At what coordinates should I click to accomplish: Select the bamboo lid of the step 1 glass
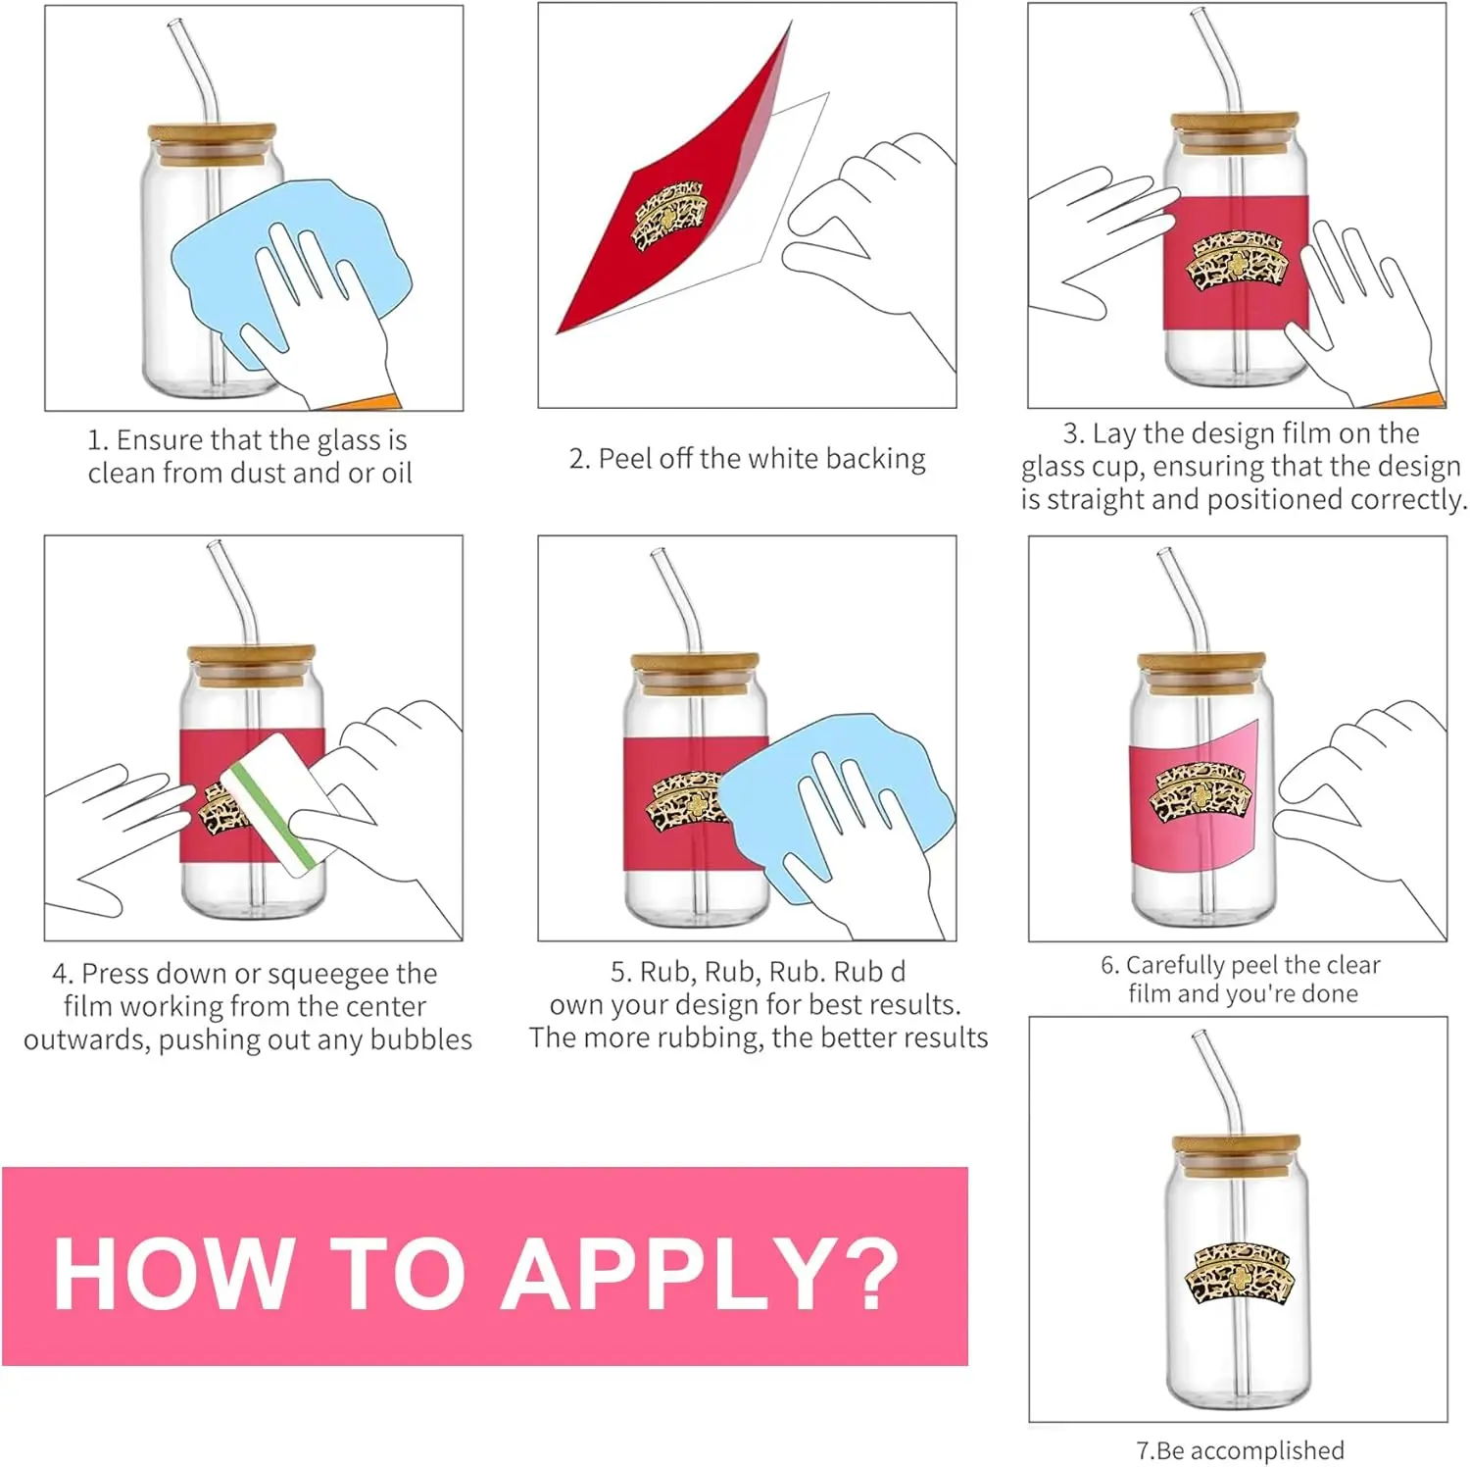pos(212,142)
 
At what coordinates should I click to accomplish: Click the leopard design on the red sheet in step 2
pos(668,217)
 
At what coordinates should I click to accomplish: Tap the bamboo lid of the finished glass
pos(1237,1154)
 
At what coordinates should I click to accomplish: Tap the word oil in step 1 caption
pos(396,473)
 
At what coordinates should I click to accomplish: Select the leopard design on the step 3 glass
pos(1238,262)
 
